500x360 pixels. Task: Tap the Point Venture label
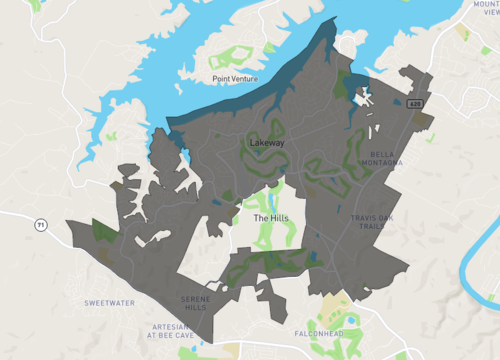tap(236, 79)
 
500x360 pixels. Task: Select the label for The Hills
tap(270, 217)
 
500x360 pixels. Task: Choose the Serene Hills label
tap(195, 304)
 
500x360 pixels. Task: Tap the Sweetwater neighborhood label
tap(109, 301)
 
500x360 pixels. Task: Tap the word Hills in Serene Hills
tap(195, 309)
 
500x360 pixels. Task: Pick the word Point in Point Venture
tap(221, 79)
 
